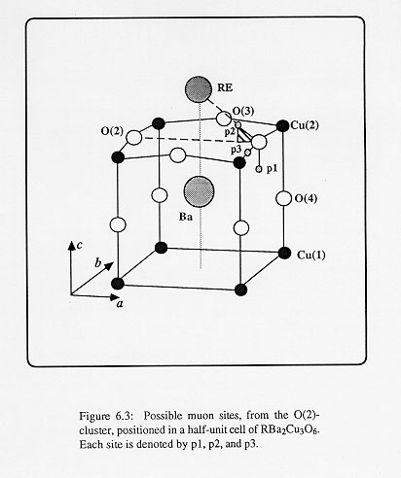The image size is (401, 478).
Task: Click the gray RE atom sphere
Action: pos(199,89)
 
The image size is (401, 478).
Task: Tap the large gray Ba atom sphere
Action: pos(199,191)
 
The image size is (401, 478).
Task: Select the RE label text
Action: pos(225,87)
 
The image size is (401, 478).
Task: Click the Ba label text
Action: pos(186,217)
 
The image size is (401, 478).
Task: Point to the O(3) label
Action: pos(243,111)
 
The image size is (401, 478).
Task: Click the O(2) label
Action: pos(112,131)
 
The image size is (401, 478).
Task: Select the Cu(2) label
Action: pos(305,125)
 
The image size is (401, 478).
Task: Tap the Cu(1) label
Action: pos(311,256)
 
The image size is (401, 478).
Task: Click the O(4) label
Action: pos(306,198)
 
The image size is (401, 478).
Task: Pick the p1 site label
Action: pos(272,169)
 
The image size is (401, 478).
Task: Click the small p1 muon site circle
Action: pos(259,169)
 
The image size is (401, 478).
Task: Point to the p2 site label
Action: pos(230,132)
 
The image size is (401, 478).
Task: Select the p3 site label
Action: pos(236,150)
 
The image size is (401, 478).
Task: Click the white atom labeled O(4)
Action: pos(284,198)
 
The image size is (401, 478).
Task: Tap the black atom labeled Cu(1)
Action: pos(284,253)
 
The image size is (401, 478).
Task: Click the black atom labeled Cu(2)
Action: pos(282,125)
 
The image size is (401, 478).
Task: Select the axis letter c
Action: pos(79,246)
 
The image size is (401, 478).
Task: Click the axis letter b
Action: pos(98,262)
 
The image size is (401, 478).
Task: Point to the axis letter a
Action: pos(120,304)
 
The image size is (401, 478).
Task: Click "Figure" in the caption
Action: pos(94,416)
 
